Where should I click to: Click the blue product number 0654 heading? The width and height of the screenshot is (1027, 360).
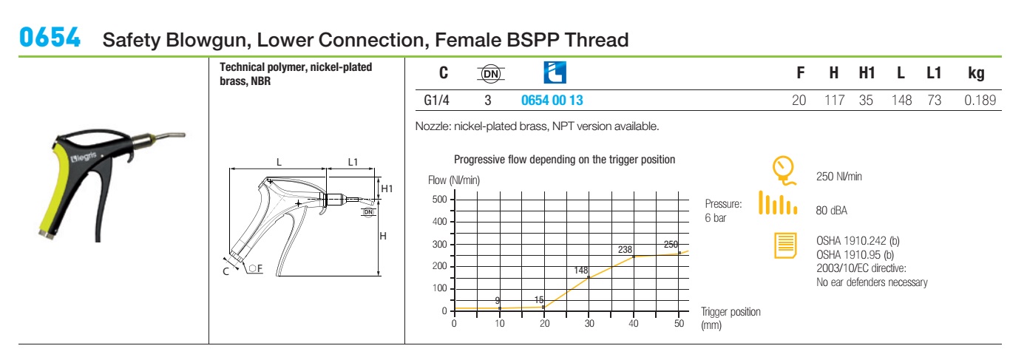[50, 38]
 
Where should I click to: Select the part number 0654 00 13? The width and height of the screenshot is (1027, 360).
[552, 100]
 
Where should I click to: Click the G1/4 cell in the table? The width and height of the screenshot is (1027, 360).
[436, 100]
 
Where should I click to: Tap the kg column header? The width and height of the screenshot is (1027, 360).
[976, 73]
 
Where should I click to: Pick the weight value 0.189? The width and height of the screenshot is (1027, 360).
[980, 100]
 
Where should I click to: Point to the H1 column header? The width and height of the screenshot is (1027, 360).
[867, 73]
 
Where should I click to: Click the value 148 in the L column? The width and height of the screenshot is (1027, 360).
[901, 100]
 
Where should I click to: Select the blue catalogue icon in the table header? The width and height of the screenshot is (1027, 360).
[555, 72]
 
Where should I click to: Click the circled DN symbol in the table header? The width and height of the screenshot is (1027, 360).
[491, 73]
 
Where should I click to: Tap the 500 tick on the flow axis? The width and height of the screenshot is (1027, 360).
[439, 200]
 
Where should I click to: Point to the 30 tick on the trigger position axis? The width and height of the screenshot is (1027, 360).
[589, 323]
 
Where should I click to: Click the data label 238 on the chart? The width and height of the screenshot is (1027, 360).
[625, 249]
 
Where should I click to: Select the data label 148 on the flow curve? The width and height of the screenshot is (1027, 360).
[581, 270]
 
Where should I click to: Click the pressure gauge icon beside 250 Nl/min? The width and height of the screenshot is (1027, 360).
[784, 171]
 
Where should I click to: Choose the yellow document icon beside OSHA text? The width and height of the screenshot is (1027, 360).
[785, 245]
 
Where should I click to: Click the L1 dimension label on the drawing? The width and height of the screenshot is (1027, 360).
[353, 162]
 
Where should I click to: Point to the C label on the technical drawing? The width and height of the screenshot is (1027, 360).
[226, 271]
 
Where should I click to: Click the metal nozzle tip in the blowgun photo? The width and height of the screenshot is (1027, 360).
[169, 136]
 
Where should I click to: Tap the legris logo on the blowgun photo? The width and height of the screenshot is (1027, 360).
[84, 157]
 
